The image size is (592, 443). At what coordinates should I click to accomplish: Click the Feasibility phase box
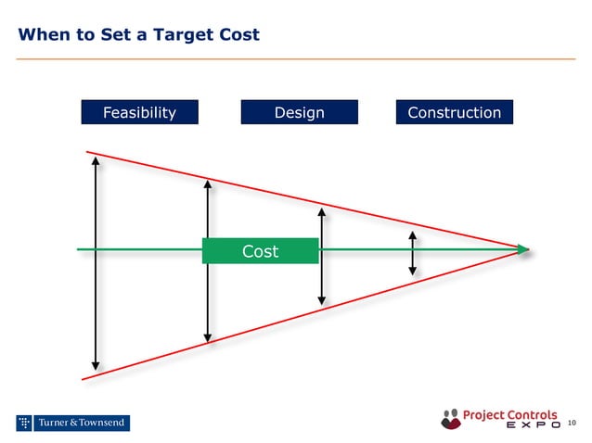139,112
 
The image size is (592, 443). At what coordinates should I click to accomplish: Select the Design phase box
299,112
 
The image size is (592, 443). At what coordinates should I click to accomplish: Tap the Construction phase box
454,112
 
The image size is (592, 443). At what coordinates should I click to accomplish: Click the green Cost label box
260,250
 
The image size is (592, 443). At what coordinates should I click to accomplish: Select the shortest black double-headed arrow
413,253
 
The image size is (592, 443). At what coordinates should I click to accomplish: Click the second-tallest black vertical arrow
208,259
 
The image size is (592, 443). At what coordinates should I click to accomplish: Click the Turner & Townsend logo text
82,424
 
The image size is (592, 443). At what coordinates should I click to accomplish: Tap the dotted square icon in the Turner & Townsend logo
25,424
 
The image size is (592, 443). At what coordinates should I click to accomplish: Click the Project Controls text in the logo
509,414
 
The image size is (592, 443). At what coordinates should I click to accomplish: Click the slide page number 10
571,424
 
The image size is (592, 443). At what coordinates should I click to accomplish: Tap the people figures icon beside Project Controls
451,419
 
